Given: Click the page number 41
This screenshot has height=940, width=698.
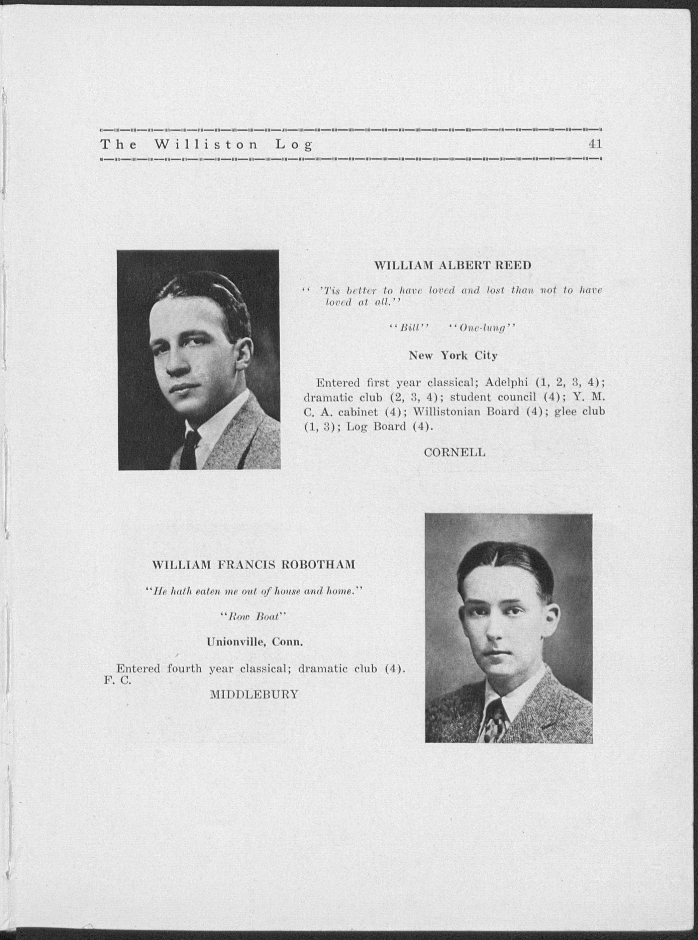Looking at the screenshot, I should coord(595,144).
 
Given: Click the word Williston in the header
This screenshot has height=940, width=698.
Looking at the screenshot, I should coord(206,145).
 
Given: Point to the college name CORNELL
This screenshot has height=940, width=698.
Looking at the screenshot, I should coord(454,452).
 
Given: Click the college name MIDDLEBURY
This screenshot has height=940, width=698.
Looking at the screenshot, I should coord(254,694).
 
